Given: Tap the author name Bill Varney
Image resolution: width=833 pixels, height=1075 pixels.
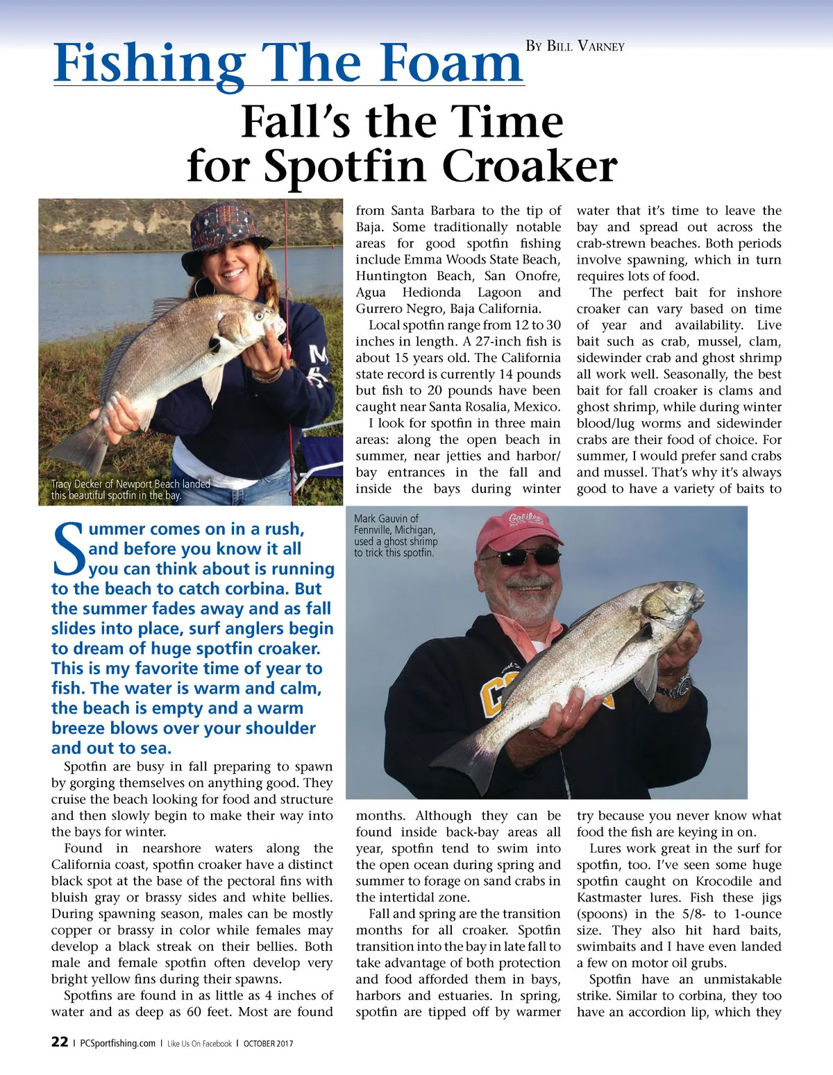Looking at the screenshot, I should pos(575,46).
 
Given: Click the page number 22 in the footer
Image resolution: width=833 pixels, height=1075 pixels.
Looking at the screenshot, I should pos(60,1042).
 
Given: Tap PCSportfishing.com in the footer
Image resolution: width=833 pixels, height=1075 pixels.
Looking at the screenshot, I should pos(118,1043).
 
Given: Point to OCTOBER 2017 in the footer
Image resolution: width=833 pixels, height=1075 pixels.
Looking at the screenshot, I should pos(268,1043).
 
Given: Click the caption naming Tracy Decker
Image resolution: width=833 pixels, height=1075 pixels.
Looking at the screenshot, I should pos(131,490).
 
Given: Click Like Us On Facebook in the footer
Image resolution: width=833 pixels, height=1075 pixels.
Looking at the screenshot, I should pos(199,1043).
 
